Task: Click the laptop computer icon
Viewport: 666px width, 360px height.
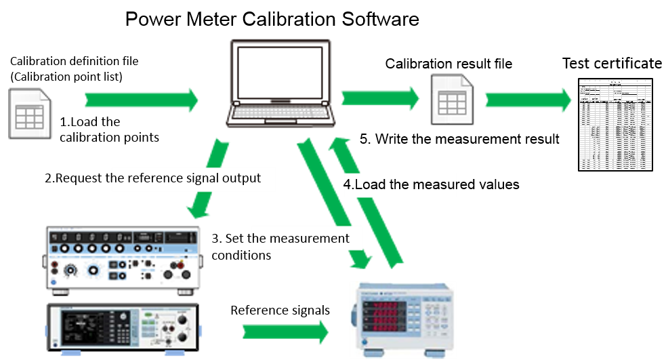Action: pos(280,83)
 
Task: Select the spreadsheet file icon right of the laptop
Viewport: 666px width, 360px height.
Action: pos(452,100)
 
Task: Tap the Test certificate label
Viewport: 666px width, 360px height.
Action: pos(611,64)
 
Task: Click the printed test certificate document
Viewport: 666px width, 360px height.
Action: pos(615,124)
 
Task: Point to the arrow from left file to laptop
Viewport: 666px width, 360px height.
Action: pos(142,100)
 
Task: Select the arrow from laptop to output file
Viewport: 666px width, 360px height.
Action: pos(379,98)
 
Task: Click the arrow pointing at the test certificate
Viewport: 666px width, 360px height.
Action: pos(528,100)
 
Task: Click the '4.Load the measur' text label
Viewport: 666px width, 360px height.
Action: pos(400,184)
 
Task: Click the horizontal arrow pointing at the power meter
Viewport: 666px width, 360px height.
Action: pos(285,332)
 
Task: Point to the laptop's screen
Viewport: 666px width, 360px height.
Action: pos(280,73)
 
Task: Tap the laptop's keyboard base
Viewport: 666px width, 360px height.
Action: pos(280,115)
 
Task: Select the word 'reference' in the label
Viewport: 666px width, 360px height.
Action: pos(154,179)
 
